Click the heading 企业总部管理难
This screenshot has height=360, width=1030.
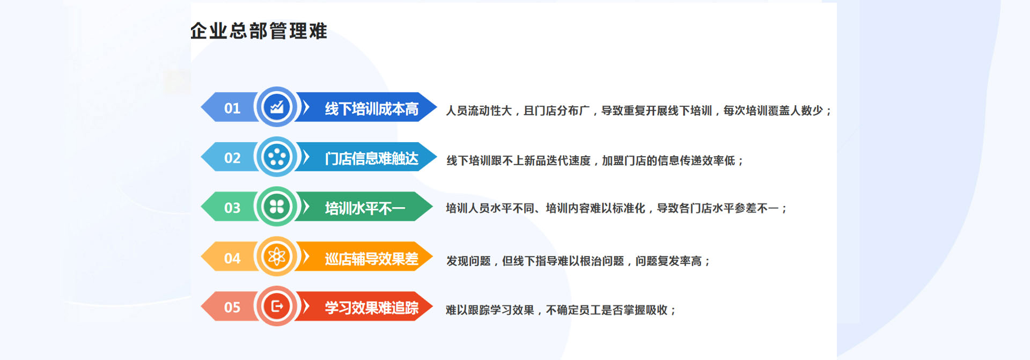click(x=259, y=31)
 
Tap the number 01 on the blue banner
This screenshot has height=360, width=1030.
click(x=232, y=108)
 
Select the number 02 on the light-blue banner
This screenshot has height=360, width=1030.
click(x=232, y=158)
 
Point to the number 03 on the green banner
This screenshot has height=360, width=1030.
click(x=232, y=208)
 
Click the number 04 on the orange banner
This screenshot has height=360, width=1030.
click(x=232, y=259)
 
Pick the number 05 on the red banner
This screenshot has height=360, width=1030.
click(x=232, y=307)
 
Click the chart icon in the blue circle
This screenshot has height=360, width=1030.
click(x=277, y=107)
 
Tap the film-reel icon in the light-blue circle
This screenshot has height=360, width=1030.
click(x=277, y=157)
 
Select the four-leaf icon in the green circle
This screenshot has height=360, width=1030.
click(x=277, y=207)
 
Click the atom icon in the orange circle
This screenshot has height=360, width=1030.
click(x=277, y=256)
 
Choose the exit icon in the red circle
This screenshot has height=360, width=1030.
click(x=277, y=306)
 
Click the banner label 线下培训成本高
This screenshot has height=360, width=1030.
click(x=372, y=109)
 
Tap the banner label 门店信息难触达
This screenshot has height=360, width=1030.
click(x=372, y=158)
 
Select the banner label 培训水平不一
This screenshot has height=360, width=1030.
click(x=365, y=208)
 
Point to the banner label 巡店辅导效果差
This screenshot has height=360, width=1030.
click(x=372, y=259)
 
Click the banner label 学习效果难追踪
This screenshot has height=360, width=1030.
click(x=372, y=308)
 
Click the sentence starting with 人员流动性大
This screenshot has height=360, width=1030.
click(x=638, y=111)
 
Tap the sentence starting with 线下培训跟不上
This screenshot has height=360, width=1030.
click(x=595, y=160)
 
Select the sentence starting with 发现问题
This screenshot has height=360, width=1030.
click(x=578, y=261)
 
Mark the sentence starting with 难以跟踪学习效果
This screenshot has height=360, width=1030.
click(x=561, y=310)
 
